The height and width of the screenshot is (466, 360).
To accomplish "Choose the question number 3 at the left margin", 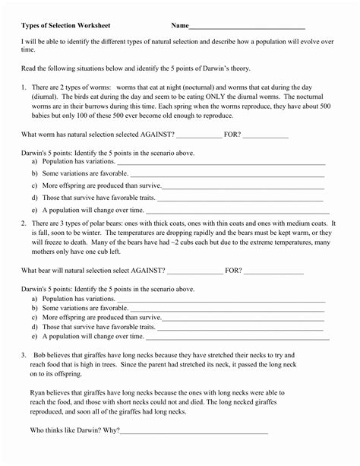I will click(24, 355).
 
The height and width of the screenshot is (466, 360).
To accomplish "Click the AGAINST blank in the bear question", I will click(194, 271).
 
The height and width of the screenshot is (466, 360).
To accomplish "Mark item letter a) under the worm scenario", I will click(35, 162).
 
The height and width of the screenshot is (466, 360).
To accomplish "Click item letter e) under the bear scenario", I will click(35, 335).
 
